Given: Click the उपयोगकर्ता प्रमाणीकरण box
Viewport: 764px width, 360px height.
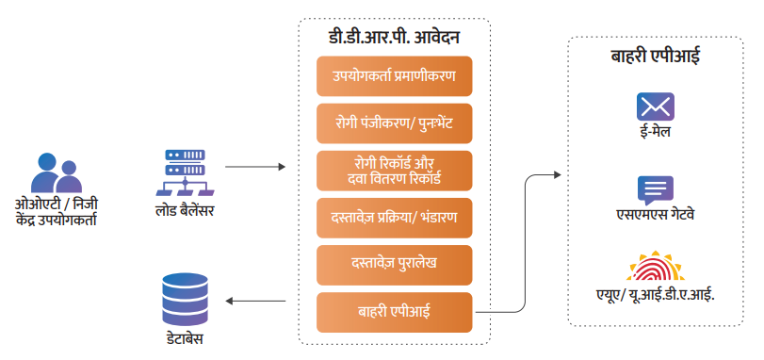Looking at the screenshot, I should (x=394, y=75).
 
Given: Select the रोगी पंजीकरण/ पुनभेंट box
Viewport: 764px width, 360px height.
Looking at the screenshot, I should (x=394, y=122).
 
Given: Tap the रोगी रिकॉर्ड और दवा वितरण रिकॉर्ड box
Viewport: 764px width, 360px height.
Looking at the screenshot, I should (x=394, y=170).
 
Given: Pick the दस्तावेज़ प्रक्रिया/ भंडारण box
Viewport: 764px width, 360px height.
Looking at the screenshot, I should (x=394, y=216).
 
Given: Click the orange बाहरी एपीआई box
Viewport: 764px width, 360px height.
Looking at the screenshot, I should (x=394, y=312).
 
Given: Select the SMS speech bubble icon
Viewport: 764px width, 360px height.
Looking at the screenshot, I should (x=654, y=189).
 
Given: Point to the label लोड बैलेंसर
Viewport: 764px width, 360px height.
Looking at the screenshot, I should (x=185, y=209).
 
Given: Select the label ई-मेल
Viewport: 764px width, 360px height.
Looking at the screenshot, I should (x=654, y=133).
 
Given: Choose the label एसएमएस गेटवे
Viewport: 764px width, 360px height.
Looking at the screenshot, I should (x=654, y=216).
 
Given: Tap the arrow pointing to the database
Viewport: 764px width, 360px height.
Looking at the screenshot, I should (x=254, y=302).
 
